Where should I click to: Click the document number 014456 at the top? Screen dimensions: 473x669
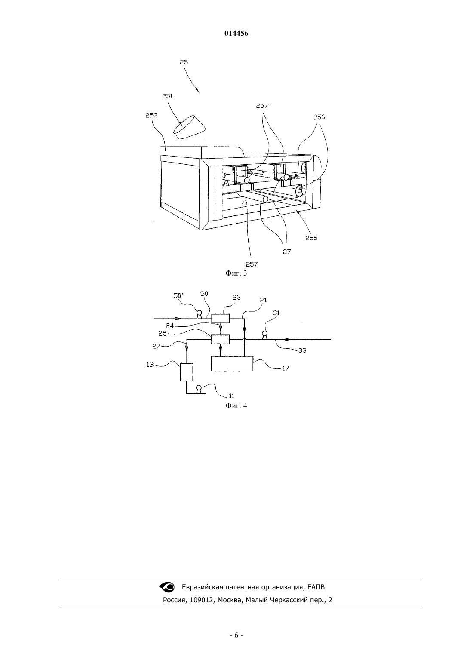coord(236,34)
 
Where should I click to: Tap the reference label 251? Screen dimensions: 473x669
coord(167,96)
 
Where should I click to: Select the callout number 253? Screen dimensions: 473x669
coord(151,115)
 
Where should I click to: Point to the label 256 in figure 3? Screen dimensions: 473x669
coord(319,117)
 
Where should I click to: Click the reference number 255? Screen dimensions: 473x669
coord(311,238)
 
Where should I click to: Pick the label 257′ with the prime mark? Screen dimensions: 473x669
coord(263,106)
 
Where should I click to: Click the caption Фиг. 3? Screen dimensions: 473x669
coord(236,273)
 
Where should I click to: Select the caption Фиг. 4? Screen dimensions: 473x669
coord(236,405)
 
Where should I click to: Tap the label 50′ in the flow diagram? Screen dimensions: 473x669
coord(178,295)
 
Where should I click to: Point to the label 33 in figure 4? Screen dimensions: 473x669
coord(302,350)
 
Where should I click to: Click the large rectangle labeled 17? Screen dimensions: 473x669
coord(232,364)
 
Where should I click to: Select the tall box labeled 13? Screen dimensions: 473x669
coord(187,372)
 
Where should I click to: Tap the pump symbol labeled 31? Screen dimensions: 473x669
coord(264,335)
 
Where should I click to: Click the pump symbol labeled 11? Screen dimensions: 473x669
coord(198,389)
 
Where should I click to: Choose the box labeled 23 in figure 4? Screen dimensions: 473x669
coord(221,319)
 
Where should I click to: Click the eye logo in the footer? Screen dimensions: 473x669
coord(167,587)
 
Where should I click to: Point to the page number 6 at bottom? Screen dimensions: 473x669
coord(236,635)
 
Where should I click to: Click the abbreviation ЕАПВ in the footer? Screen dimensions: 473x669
coord(316,587)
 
